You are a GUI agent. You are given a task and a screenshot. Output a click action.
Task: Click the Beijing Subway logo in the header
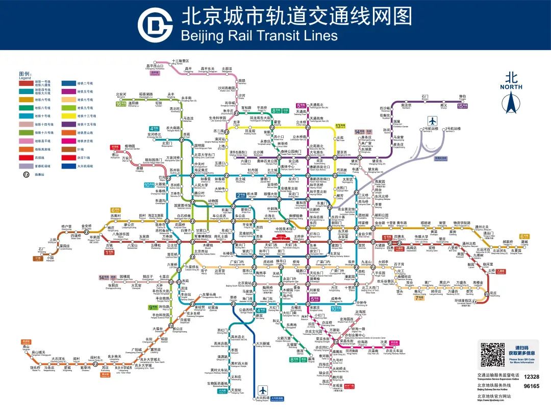coord(155,24)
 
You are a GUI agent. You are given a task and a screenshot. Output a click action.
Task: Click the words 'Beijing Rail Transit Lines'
coord(259,35)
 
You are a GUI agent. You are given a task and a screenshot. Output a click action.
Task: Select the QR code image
coord(493,355)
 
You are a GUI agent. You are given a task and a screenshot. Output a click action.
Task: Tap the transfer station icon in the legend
coord(24,174)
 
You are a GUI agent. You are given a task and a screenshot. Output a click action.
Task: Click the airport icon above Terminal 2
coord(433,122)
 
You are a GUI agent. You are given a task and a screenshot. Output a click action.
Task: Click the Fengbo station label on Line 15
coord(462,97)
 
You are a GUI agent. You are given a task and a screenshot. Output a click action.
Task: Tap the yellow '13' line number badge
coord(340,126)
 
